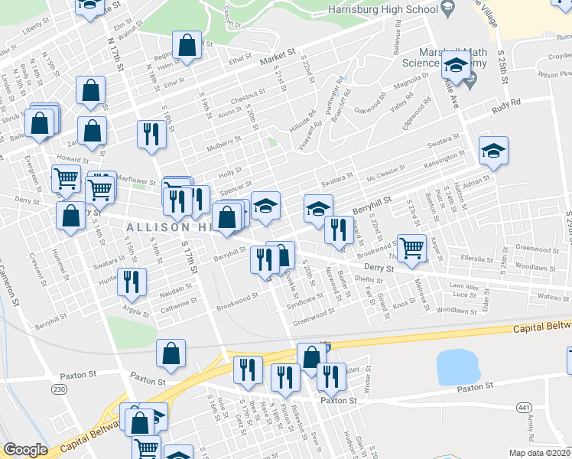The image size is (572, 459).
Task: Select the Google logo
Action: pyautogui.click(x=25, y=450)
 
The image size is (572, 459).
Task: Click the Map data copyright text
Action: pyautogui.click(x=539, y=452)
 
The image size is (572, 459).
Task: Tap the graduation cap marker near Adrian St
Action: pyautogui.click(x=493, y=150)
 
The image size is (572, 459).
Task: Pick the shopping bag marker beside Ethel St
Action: pyautogui.click(x=187, y=45)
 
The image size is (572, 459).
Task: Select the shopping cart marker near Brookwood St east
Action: pyautogui.click(x=412, y=248)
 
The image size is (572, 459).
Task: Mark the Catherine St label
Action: pyautogui.click(x=179, y=306)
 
